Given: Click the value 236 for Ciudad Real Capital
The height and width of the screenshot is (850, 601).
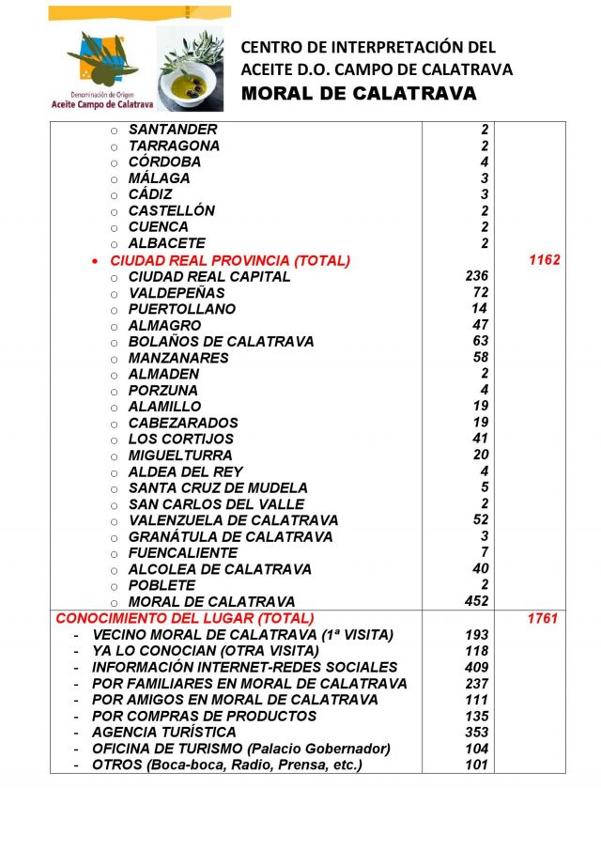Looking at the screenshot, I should pos(477,276).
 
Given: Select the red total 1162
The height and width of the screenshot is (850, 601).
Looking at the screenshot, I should pos(544,260).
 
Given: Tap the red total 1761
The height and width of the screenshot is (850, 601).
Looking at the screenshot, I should pos(543,618).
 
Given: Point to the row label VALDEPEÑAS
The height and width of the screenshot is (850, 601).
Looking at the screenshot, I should pos(177,293).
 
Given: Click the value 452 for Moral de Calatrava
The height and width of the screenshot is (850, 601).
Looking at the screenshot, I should pos(477,601).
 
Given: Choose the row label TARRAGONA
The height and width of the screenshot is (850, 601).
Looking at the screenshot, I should pos(174,146).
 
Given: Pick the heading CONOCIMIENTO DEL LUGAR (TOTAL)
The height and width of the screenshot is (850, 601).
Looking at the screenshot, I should pos(184,618).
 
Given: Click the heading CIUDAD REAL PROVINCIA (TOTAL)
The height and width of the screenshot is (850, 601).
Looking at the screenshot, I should pos(229,260).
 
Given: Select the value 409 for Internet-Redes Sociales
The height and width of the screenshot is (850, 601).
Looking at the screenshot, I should pos(477,667).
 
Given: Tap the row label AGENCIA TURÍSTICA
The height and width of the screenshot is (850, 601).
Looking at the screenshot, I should pos(163,732).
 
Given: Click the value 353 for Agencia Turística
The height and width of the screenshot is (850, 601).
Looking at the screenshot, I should pos(477,732).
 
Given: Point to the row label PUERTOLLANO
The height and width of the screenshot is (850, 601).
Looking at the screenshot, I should pos(182,309).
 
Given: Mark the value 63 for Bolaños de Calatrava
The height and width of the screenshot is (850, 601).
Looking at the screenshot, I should pos(481,341).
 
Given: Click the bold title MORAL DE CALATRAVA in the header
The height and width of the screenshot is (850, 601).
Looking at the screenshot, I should pos(359,94).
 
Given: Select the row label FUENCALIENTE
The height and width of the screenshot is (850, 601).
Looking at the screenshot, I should pos(183,553).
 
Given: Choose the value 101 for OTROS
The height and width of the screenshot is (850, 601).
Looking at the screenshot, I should pos(477,765).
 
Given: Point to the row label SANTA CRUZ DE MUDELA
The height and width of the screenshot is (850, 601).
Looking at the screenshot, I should pos(218,487).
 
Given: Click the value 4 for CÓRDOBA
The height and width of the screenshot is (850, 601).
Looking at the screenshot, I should pos(485,162).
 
